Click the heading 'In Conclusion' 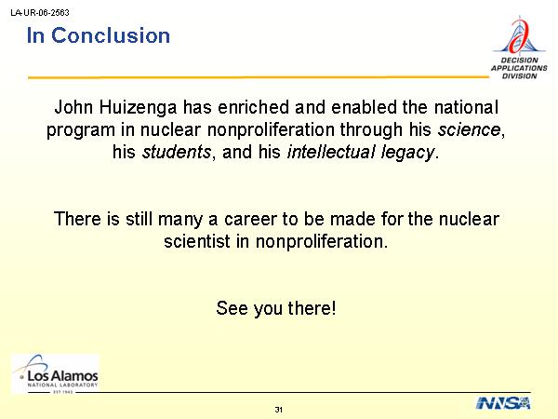(x=99, y=35)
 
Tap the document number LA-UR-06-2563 (x=40, y=13)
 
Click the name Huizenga (x=138, y=108)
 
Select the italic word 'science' (x=469, y=129)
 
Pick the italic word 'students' (x=177, y=152)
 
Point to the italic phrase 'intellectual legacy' (x=361, y=153)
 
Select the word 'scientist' (x=197, y=241)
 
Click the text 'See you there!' (x=276, y=308)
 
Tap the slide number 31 (x=279, y=410)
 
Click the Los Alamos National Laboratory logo (x=55, y=373)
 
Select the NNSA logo (x=503, y=403)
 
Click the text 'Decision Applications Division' (x=519, y=68)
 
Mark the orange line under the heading (x=259, y=77)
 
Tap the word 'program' (x=81, y=130)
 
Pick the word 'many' (x=180, y=220)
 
